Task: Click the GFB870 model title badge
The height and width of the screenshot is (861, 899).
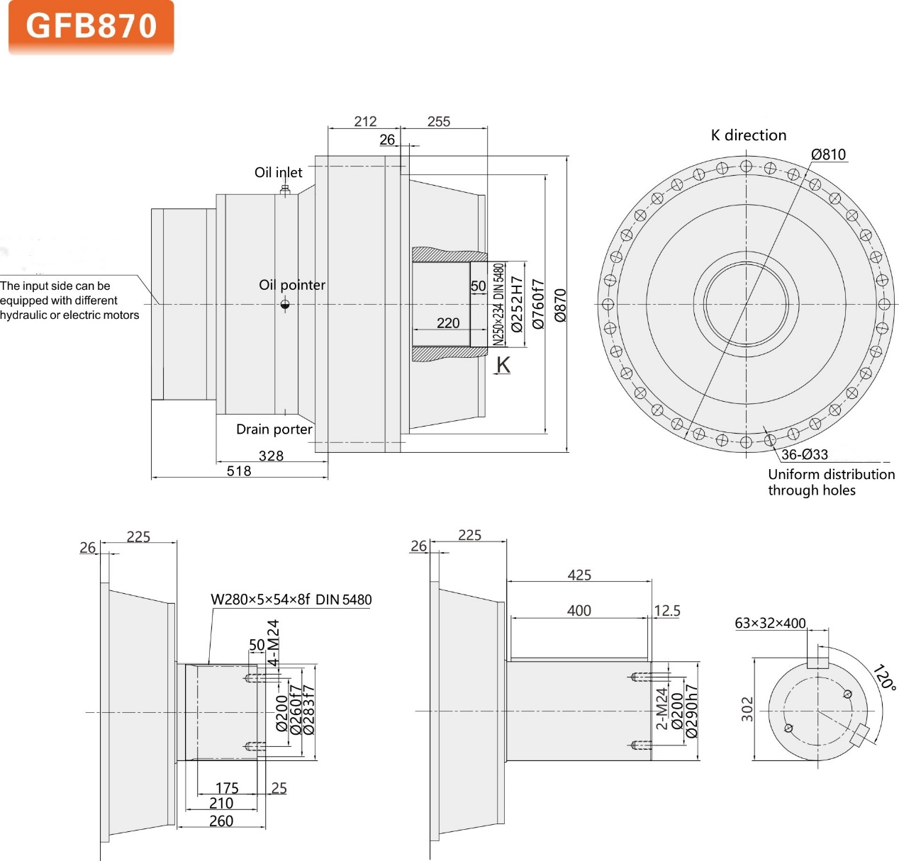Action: (91, 27)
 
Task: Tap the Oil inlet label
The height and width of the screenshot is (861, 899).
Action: (278, 172)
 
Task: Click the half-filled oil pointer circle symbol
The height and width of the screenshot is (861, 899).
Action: (285, 305)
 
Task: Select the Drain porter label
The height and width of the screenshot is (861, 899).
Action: (274, 429)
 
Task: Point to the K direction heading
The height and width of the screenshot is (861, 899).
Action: (748, 135)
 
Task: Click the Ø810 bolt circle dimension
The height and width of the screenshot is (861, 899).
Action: (828, 154)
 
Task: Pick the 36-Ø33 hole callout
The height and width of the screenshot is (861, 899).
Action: (804, 454)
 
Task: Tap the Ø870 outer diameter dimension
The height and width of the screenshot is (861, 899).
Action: (560, 305)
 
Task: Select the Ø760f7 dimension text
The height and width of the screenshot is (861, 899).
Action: (539, 304)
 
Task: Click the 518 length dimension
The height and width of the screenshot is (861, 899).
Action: (239, 471)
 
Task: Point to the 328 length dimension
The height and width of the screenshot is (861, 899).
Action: (271, 456)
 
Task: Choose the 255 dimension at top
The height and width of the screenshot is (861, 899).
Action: (439, 121)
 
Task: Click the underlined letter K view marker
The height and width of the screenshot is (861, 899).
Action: (503, 364)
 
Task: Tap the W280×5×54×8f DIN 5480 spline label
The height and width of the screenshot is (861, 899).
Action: (291, 600)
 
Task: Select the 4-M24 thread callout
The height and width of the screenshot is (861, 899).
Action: (274, 643)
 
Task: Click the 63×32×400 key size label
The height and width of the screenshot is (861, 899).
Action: (770, 623)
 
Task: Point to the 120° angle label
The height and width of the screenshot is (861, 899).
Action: (884, 677)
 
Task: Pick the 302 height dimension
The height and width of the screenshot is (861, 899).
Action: (747, 709)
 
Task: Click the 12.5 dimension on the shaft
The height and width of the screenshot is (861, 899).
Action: (666, 610)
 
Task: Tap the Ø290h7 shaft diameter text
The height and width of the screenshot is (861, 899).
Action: (692, 711)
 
